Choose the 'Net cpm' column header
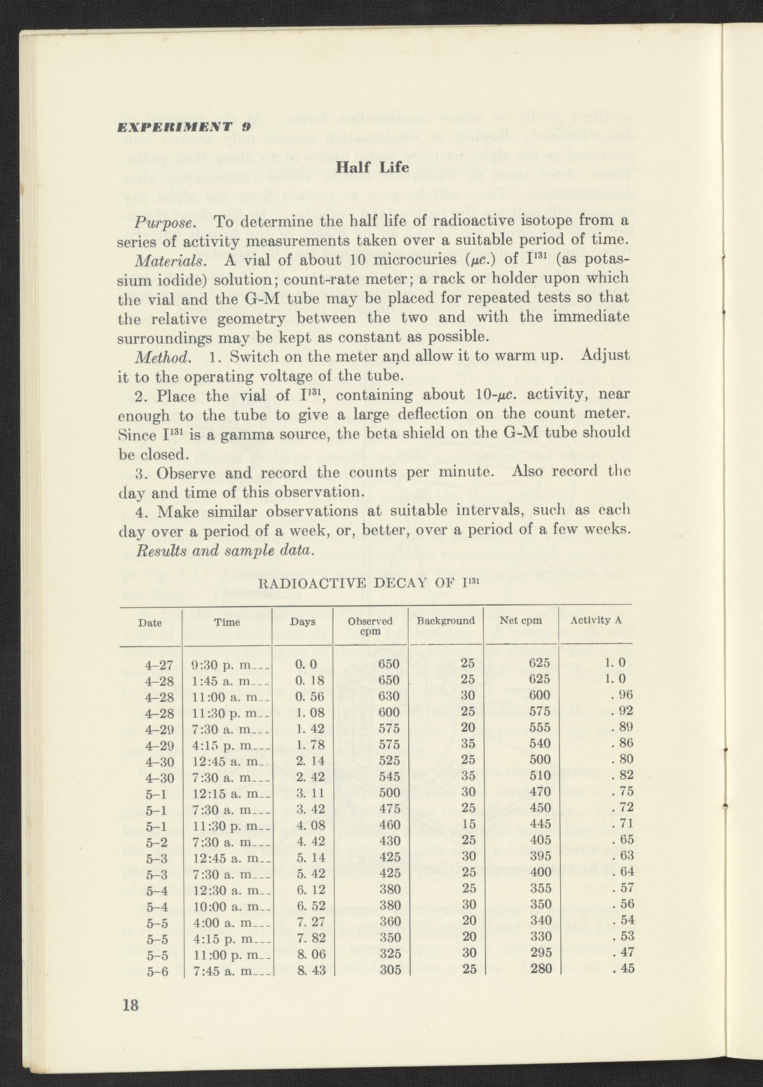[521, 621]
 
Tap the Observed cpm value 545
[389, 776]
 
